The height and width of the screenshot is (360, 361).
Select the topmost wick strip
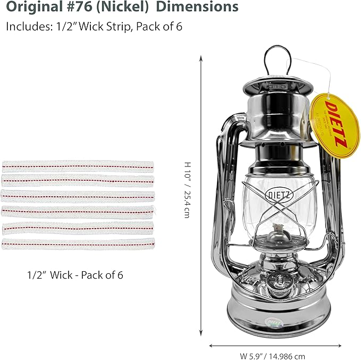click(x=78, y=166)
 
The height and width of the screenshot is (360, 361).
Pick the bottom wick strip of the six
click(x=78, y=245)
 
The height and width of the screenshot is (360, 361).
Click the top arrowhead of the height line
click(x=201, y=57)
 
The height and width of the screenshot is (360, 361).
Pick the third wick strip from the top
click(x=78, y=196)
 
